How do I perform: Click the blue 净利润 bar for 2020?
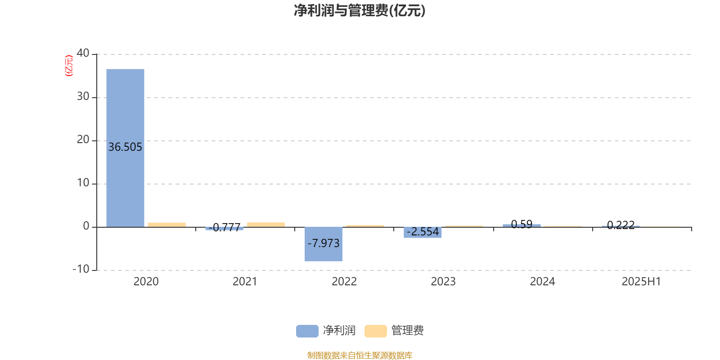[x=126, y=148]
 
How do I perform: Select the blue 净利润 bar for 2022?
[x=324, y=244]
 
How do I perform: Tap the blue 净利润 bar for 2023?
[x=423, y=232]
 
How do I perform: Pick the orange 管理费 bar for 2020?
[x=167, y=225]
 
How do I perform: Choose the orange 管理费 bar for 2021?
[x=266, y=225]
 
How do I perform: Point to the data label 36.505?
[x=125, y=147]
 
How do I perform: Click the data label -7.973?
[x=324, y=243]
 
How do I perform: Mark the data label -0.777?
[x=225, y=228]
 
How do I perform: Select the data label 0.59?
[x=522, y=224]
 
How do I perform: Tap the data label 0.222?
[x=621, y=225]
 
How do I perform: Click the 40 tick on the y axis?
[x=83, y=53]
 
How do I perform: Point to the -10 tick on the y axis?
[x=81, y=269]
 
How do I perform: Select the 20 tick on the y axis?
[x=83, y=139]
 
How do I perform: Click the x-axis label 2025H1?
[x=641, y=282]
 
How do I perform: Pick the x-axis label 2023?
[x=443, y=282]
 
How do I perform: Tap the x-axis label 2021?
[x=245, y=282]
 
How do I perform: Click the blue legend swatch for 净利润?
[x=307, y=331]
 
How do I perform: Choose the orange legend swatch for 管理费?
[x=375, y=331]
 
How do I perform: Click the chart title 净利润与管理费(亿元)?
[x=360, y=11]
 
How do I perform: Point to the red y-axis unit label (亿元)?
[x=69, y=66]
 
